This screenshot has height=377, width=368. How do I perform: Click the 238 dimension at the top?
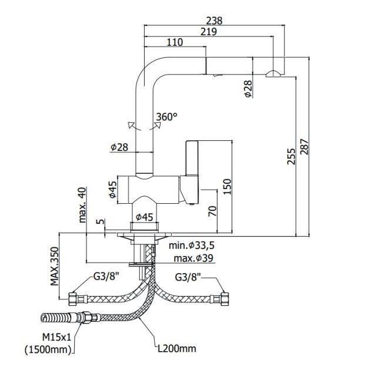coord(214,21)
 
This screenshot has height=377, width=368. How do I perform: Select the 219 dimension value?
coord(209,32)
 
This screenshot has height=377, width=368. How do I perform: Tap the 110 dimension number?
coord(175,42)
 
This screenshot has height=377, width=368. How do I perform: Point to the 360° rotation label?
coord(167,117)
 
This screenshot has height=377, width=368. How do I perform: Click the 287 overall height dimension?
coord(305,147)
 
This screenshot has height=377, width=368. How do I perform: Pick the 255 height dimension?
coord(291,157)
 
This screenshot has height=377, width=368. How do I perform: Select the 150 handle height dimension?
coord(227,187)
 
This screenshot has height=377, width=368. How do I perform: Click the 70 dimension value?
coord(213,211)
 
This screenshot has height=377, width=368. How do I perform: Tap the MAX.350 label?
coord(55,267)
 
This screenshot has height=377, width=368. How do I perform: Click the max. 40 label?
coord(82,205)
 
